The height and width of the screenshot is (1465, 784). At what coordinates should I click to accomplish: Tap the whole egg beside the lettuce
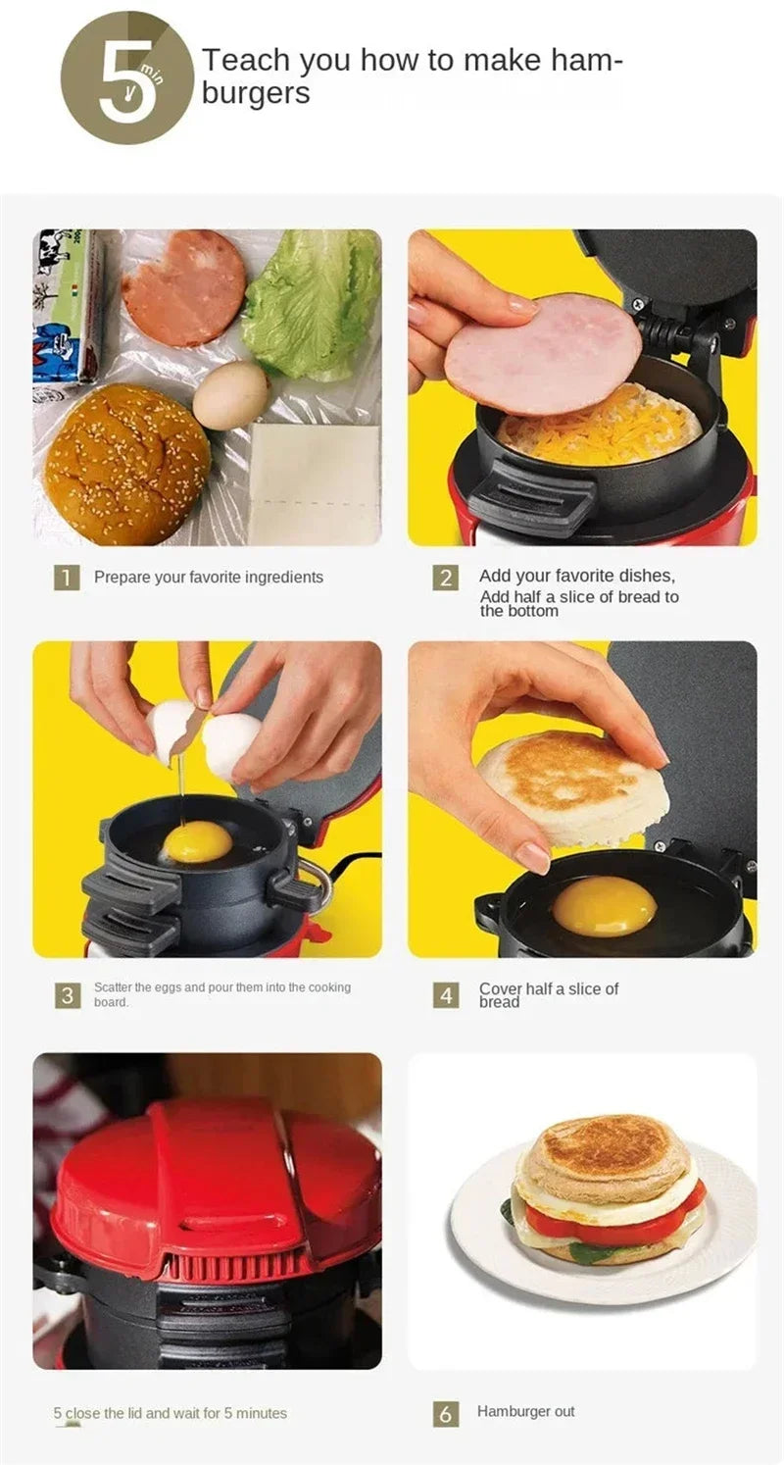tap(230, 395)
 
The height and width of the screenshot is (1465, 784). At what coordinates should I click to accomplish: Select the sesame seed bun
tap(127, 464)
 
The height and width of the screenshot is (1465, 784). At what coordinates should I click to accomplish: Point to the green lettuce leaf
tap(312, 304)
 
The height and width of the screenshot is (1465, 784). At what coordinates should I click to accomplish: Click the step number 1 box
tap(66, 578)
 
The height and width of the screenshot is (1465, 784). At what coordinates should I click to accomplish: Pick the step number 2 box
tap(445, 578)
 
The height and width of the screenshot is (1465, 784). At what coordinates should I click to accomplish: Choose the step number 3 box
tap(66, 994)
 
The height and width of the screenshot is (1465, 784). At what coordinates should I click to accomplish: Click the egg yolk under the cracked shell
tap(198, 842)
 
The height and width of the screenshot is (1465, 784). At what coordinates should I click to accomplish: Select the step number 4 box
tap(445, 995)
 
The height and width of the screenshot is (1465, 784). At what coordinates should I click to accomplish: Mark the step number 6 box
tap(445, 1413)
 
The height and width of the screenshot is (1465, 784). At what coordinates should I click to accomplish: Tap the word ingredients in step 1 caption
tap(284, 578)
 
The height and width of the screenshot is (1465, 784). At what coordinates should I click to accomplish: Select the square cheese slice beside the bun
tap(314, 483)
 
